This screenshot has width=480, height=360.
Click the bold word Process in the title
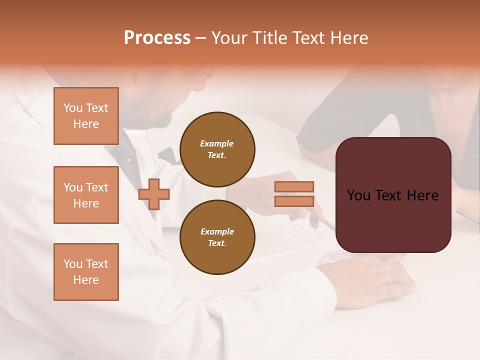[x=157, y=38]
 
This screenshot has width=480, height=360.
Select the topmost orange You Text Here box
[x=86, y=116]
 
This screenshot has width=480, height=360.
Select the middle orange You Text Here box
[x=86, y=195]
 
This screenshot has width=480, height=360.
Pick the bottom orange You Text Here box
[x=86, y=272]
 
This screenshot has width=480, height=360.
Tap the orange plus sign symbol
[x=154, y=194]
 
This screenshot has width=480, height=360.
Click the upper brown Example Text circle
[x=217, y=149]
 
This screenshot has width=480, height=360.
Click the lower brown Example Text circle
[x=217, y=237]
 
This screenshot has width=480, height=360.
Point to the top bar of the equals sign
[x=294, y=186]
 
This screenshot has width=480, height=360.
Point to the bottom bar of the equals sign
[x=294, y=201]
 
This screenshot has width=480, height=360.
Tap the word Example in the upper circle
[x=217, y=143]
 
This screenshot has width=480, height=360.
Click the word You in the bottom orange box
[x=73, y=264]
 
